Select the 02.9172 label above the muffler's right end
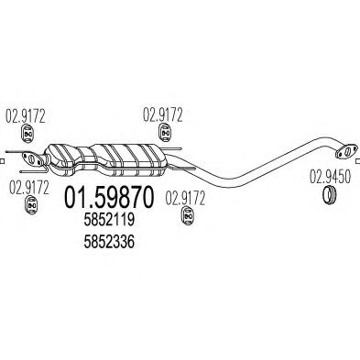click(x=161, y=115)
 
